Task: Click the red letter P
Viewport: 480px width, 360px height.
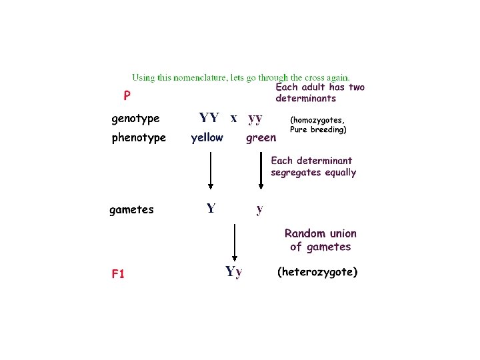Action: pyautogui.click(x=127, y=96)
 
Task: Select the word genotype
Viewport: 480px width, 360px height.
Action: pyautogui.click(x=135, y=119)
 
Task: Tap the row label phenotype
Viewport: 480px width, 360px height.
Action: pyautogui.click(x=139, y=138)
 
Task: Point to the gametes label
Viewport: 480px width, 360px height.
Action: pyautogui.click(x=131, y=209)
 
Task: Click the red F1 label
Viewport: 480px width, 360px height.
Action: pyautogui.click(x=118, y=273)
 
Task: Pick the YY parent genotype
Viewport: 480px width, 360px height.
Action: pyautogui.click(x=209, y=118)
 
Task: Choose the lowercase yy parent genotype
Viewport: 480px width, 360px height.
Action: pyautogui.click(x=255, y=118)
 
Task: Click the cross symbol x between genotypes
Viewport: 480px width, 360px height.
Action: pyautogui.click(x=233, y=118)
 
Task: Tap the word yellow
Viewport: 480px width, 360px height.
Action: pyautogui.click(x=207, y=138)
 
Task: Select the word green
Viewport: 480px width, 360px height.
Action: pyautogui.click(x=261, y=138)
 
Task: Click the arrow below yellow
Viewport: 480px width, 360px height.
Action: pyautogui.click(x=211, y=171)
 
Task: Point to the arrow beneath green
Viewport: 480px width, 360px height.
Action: pyautogui.click(x=261, y=171)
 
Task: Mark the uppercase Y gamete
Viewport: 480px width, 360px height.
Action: pyautogui.click(x=211, y=209)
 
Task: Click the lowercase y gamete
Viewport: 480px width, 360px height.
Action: pyautogui.click(x=260, y=209)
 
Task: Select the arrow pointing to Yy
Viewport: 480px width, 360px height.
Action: pyautogui.click(x=234, y=243)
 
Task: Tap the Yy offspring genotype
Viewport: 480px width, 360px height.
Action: pyautogui.click(x=234, y=271)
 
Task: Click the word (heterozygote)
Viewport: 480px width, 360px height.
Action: pyautogui.click(x=317, y=272)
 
